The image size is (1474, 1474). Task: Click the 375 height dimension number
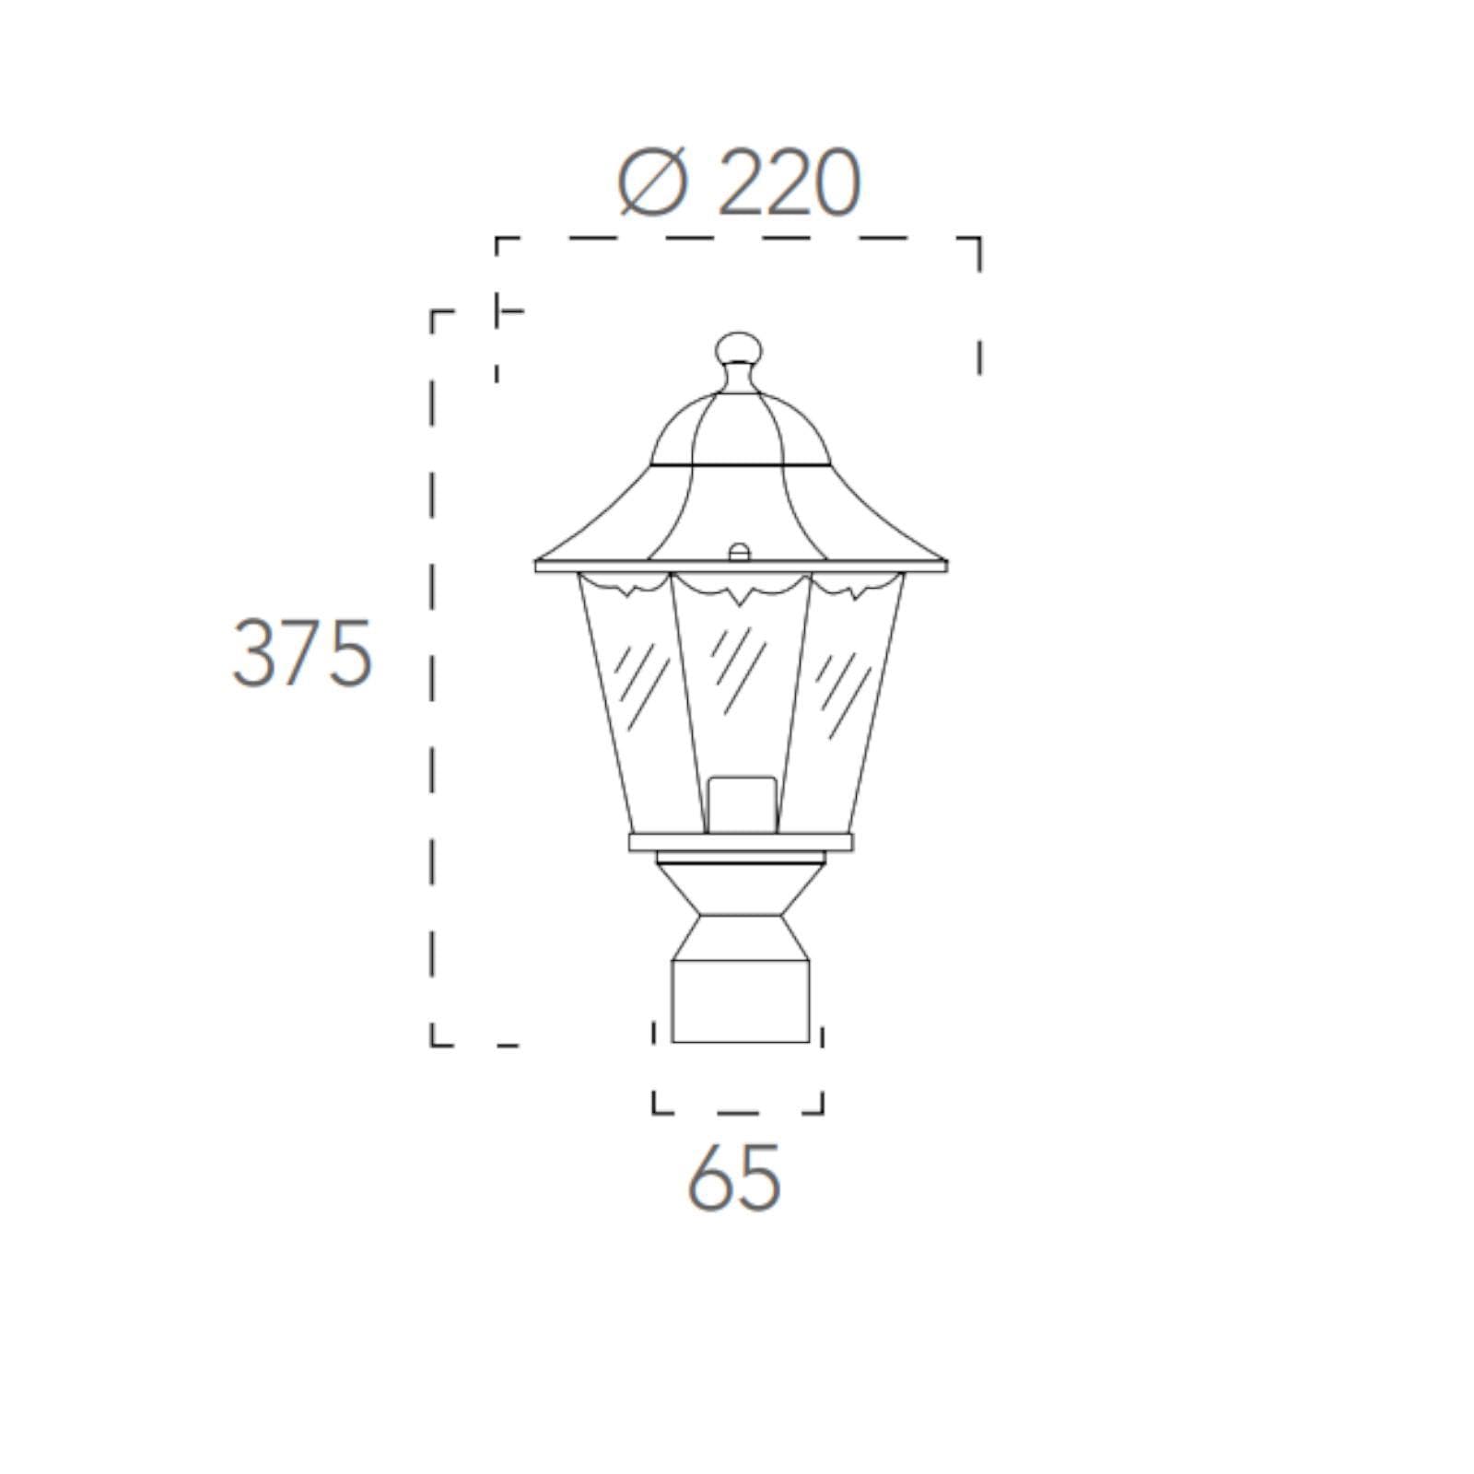pos(302,653)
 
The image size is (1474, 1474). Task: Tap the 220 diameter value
pos(789,184)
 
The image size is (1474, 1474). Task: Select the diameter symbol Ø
pos(653,184)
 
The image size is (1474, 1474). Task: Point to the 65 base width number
pos(734,1177)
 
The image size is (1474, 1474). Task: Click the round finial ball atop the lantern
pos(740,347)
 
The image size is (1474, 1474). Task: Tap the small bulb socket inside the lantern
pos(742,805)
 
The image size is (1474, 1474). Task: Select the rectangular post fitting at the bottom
pos(741,1000)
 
